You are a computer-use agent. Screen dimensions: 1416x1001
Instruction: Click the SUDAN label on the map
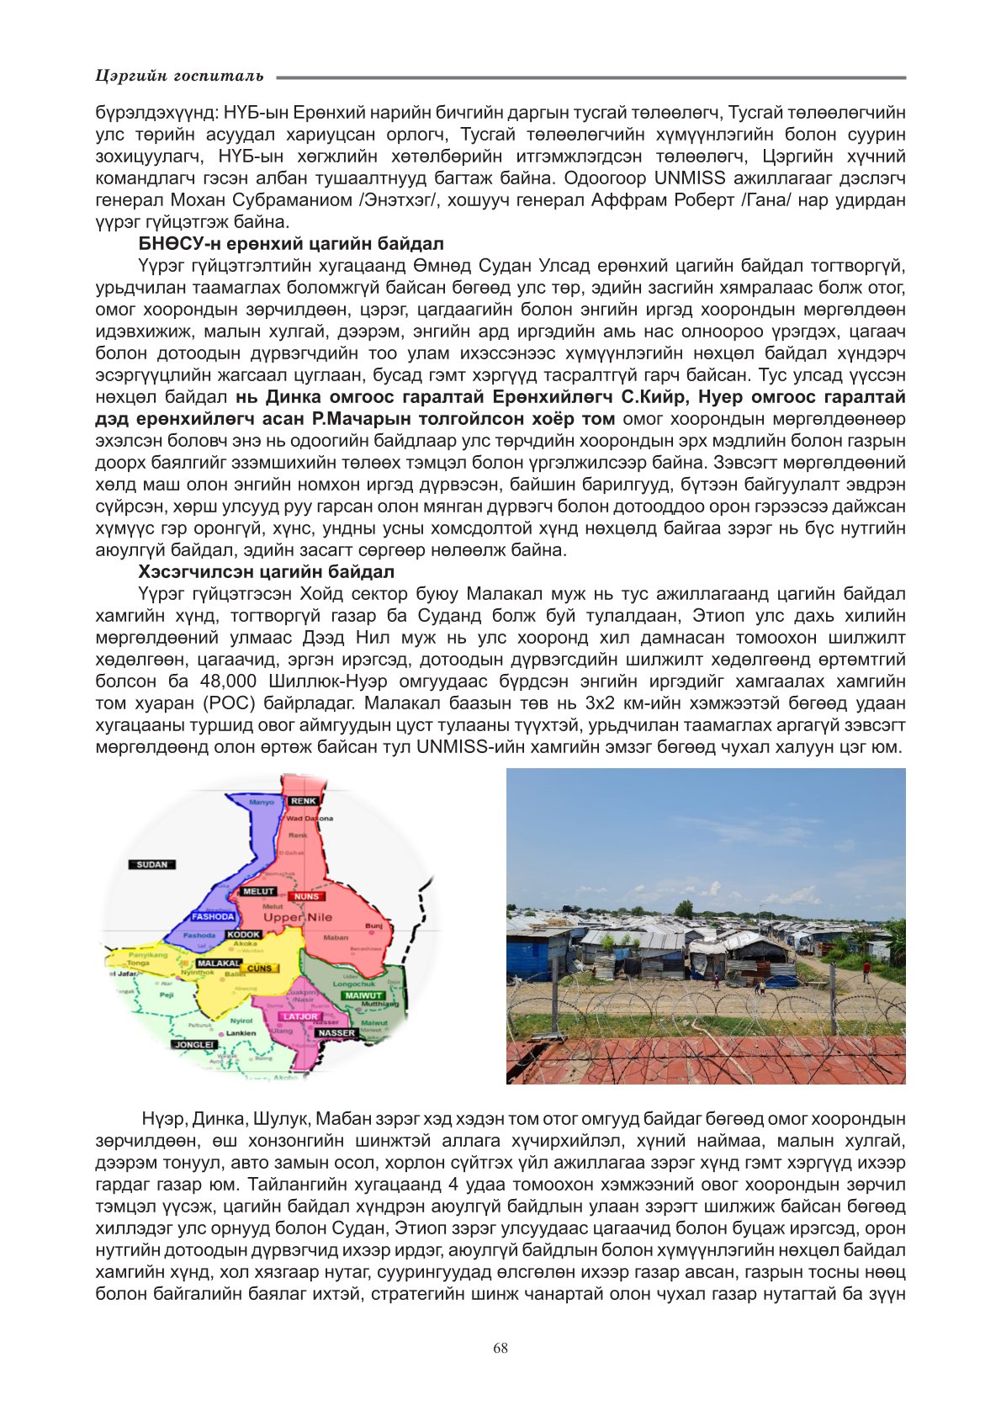point(152,864)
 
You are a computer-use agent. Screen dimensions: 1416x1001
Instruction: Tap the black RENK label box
point(304,801)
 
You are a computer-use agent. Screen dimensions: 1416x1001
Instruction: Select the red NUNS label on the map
point(306,897)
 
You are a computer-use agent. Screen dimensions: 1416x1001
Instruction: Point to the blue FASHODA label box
point(213,917)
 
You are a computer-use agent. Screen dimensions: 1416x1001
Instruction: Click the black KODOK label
point(244,935)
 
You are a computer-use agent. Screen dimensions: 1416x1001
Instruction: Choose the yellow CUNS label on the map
point(259,968)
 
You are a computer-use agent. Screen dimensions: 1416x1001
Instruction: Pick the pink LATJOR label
point(300,1016)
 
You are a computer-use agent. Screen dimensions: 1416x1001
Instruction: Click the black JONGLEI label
point(194,1044)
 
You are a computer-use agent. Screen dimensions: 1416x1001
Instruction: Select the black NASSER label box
point(336,1032)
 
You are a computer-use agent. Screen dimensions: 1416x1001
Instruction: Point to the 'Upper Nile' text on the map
point(298,917)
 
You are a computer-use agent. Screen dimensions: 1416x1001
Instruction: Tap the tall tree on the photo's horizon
point(683,909)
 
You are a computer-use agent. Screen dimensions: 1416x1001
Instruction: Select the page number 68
point(500,1348)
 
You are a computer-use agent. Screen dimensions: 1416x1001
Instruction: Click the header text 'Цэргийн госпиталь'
point(179,76)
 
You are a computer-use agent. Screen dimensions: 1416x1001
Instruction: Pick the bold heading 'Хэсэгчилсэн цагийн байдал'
point(266,572)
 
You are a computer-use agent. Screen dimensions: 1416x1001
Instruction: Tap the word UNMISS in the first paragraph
point(696,178)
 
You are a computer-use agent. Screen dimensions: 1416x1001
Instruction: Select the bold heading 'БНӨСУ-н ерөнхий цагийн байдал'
point(291,244)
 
